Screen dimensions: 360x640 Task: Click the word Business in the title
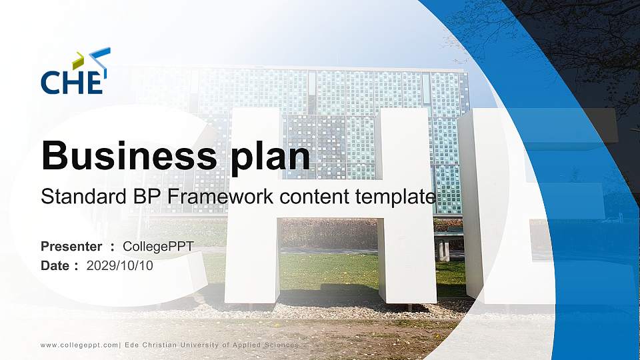127,157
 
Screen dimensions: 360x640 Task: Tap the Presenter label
71,247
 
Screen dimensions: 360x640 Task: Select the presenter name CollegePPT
158,247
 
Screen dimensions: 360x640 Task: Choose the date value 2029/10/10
120,265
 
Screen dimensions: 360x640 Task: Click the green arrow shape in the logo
79,60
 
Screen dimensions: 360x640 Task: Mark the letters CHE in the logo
72,82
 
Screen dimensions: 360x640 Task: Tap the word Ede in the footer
131,345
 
